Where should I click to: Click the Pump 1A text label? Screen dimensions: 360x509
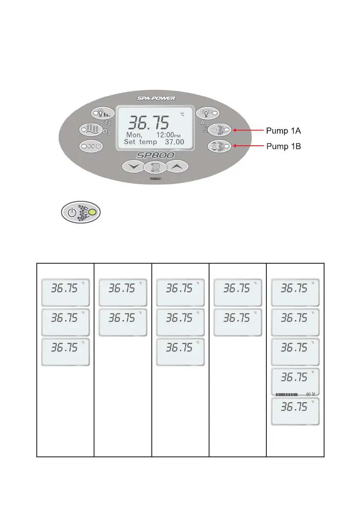click(x=284, y=129)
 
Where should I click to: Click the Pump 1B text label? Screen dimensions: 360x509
click(x=284, y=146)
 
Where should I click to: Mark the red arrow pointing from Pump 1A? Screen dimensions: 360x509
click(x=247, y=129)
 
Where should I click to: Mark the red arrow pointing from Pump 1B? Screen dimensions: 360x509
click(x=247, y=146)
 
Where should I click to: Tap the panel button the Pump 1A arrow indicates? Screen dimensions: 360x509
click(x=220, y=129)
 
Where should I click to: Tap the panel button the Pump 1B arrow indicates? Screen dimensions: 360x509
click(x=220, y=146)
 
